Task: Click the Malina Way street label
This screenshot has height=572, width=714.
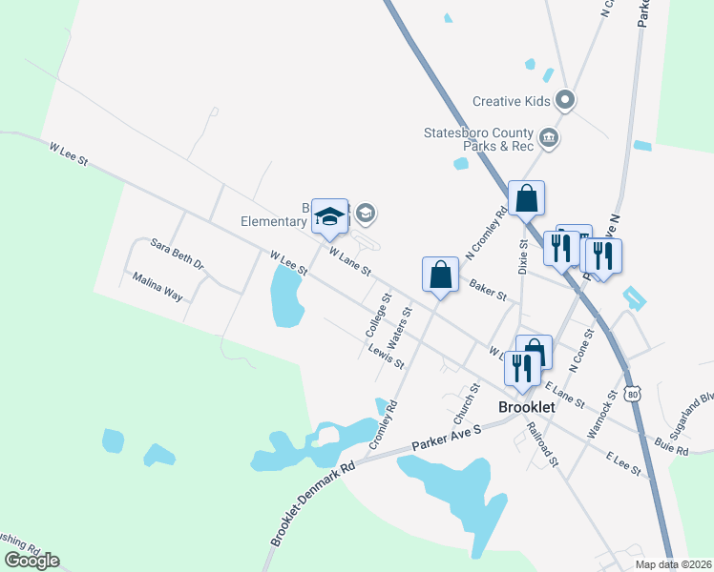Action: tap(157, 287)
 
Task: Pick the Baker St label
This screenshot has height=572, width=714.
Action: tap(487, 290)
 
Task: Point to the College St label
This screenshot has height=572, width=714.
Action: tap(379, 314)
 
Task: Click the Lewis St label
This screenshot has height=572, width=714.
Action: tap(387, 356)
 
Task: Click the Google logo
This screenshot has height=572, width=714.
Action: tap(31, 561)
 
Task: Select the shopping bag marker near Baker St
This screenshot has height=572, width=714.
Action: tap(439, 275)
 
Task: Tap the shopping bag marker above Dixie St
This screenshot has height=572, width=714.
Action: tap(526, 198)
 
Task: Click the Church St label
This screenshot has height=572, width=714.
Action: tap(465, 405)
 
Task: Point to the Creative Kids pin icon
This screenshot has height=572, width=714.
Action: tap(565, 99)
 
